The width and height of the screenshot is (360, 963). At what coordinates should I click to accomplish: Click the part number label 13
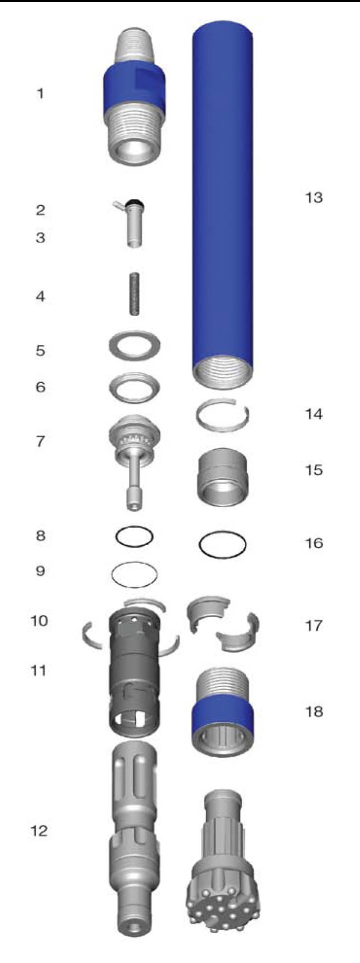[313, 197]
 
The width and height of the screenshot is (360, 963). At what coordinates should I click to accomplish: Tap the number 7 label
[40, 441]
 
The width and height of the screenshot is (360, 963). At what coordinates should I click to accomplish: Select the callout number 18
[314, 712]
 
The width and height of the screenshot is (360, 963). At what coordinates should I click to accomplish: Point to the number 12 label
[39, 830]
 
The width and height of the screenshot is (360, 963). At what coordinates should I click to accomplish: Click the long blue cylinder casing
[223, 204]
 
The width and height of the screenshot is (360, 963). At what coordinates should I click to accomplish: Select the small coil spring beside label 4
[135, 295]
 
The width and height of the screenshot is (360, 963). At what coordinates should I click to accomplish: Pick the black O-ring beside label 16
[222, 534]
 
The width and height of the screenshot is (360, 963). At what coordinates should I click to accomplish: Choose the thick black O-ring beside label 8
[134, 528]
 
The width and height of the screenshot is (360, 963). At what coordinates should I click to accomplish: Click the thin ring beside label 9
[134, 564]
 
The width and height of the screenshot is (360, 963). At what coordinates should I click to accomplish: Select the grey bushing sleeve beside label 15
[222, 477]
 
